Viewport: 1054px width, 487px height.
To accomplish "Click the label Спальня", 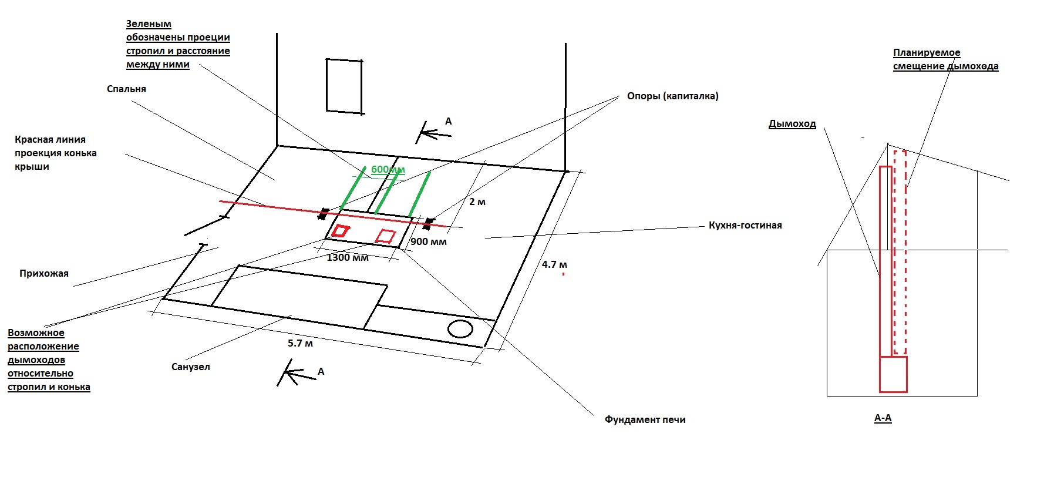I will pos(126,89).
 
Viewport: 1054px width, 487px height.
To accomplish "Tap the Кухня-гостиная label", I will pos(745,226).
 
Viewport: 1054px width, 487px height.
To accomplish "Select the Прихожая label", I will pos(44,274).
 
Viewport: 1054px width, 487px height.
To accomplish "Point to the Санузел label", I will pos(190,367).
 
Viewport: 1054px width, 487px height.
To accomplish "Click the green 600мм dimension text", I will pos(388,170).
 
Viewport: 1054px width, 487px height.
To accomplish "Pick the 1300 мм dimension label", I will pos(348,258).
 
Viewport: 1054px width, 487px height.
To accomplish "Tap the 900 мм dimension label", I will pos(428,242).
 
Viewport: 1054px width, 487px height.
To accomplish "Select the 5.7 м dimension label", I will pos(300,344).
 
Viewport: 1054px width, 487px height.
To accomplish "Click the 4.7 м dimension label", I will pos(554,265).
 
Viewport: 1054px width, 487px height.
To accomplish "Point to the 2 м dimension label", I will pos(477,202).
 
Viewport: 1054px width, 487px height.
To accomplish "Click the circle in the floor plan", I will pos(460,329).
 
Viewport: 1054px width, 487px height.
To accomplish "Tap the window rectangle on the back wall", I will pos(344,86).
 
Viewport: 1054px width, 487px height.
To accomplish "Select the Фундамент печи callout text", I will pos(645,420).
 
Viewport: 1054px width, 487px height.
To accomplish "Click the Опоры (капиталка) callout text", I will pos(672,96).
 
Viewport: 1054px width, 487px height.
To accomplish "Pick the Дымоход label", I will pos(792,124).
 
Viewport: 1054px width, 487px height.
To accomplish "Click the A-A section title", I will pos(883,418).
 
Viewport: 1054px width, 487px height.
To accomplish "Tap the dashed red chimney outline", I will pos(900,253).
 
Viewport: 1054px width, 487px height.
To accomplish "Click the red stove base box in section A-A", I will pos(893,374).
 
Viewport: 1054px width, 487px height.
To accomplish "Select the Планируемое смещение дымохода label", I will pos(945,60).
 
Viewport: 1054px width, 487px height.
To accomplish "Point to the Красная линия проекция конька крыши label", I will pos(56,153).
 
